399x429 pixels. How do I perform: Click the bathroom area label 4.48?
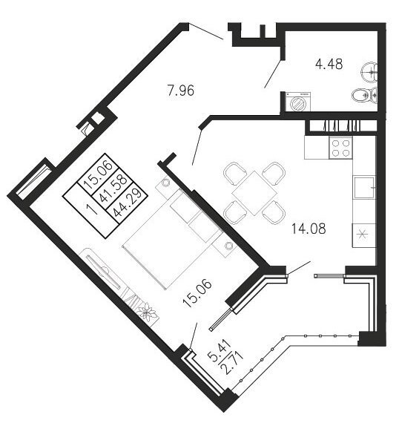point(329,65)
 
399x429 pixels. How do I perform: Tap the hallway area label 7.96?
point(181,91)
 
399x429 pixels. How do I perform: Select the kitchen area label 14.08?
point(309,229)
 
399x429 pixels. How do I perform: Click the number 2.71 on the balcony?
point(233,364)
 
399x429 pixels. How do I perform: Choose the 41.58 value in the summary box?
point(113,189)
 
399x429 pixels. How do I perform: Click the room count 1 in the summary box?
point(92,209)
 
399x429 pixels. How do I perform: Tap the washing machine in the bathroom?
point(298,102)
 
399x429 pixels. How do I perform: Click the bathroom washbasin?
point(369,72)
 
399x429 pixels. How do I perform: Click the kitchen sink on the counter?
point(364,188)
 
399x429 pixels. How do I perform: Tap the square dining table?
point(254,193)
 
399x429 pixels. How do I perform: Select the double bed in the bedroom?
point(172,239)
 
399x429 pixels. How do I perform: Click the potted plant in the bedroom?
point(147,311)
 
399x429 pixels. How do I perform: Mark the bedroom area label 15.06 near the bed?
point(197,293)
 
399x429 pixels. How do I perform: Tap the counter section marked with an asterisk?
point(363,235)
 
